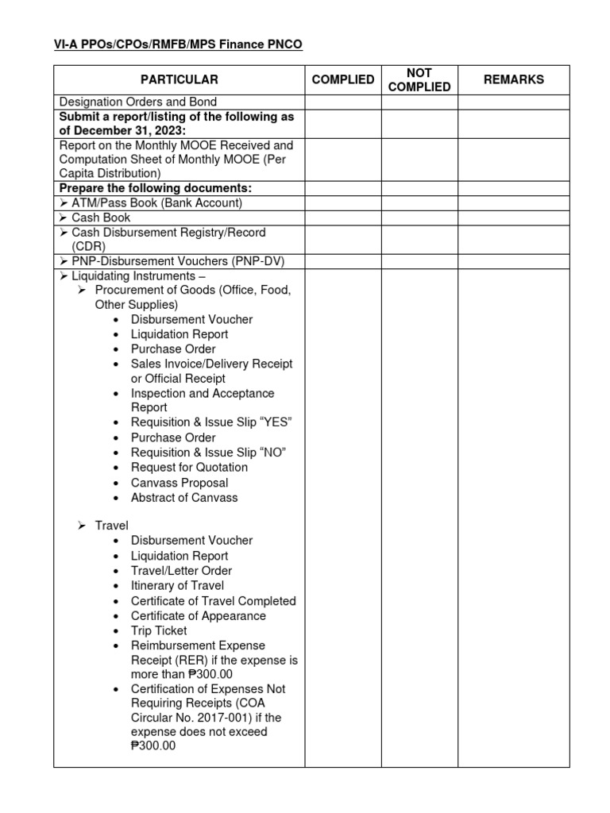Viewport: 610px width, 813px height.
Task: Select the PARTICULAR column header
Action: (179, 79)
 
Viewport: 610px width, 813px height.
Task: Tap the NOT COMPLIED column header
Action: (419, 79)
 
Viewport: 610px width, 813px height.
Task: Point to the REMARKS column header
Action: (513, 79)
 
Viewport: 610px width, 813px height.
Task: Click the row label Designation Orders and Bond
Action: (138, 102)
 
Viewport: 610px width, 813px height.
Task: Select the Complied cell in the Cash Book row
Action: (342, 218)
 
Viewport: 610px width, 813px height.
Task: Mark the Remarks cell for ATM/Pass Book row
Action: (513, 203)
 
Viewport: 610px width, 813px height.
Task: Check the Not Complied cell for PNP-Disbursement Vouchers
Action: (419, 261)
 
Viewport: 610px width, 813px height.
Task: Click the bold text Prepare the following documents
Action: (155, 188)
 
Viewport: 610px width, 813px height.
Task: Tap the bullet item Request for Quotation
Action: (189, 468)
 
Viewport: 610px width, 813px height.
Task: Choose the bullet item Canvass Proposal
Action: (180, 483)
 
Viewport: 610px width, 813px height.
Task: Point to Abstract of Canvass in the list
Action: (184, 498)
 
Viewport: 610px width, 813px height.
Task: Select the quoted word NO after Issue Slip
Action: (272, 453)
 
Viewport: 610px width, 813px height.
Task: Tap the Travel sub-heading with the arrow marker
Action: (111, 526)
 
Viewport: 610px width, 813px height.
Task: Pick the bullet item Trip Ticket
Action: (159, 630)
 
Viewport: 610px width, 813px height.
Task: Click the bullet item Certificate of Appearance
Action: (199, 616)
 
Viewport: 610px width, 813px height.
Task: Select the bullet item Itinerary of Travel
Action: (177, 586)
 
